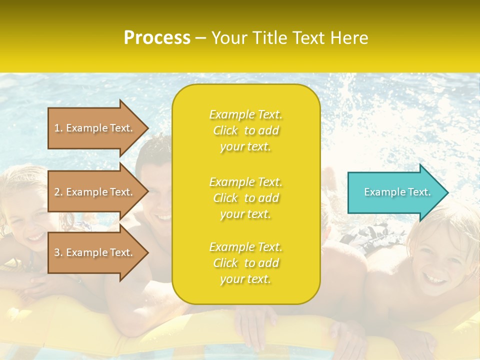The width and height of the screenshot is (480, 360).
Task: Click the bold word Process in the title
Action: pyautogui.click(x=157, y=38)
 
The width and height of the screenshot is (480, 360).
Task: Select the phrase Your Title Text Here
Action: pyautogui.click(x=290, y=38)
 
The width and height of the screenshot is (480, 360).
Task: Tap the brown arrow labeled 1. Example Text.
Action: pyautogui.click(x=95, y=128)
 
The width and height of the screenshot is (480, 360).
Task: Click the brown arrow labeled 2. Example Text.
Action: pyautogui.click(x=95, y=192)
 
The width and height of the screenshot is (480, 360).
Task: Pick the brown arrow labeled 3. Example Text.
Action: pyautogui.click(x=95, y=252)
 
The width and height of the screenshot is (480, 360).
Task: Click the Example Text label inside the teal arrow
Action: pyautogui.click(x=397, y=192)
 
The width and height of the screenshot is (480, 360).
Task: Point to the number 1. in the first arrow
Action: pyautogui.click(x=58, y=128)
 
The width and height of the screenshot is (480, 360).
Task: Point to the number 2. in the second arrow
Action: pyautogui.click(x=58, y=192)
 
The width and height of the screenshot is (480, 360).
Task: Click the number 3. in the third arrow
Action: pyautogui.click(x=58, y=252)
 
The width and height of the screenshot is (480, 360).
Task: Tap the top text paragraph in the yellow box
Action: pyautogui.click(x=245, y=130)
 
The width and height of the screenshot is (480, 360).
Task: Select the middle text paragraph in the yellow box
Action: pyautogui.click(x=245, y=198)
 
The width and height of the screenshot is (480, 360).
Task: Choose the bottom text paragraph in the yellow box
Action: pyautogui.click(x=245, y=263)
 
